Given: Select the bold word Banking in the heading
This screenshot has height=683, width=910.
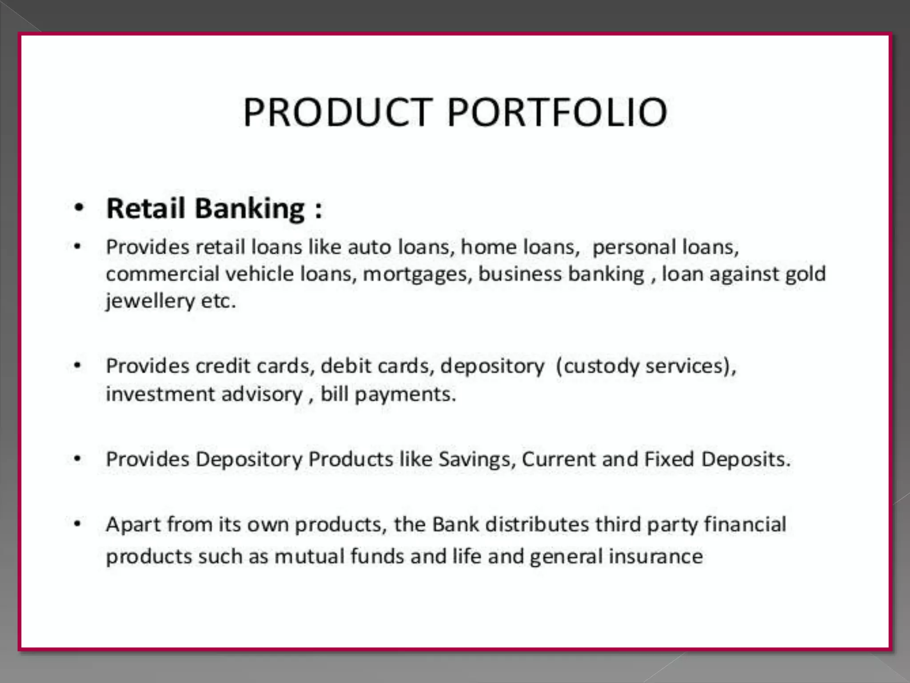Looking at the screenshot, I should [250, 209].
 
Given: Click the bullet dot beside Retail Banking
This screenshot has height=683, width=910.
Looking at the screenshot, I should [79, 208].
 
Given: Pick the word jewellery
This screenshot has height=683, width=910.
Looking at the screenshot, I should [150, 301].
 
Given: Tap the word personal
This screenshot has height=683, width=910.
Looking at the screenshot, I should [634, 247].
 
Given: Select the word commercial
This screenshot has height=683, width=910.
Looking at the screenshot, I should [163, 274].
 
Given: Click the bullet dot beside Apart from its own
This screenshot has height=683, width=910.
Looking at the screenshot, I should [78, 524].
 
